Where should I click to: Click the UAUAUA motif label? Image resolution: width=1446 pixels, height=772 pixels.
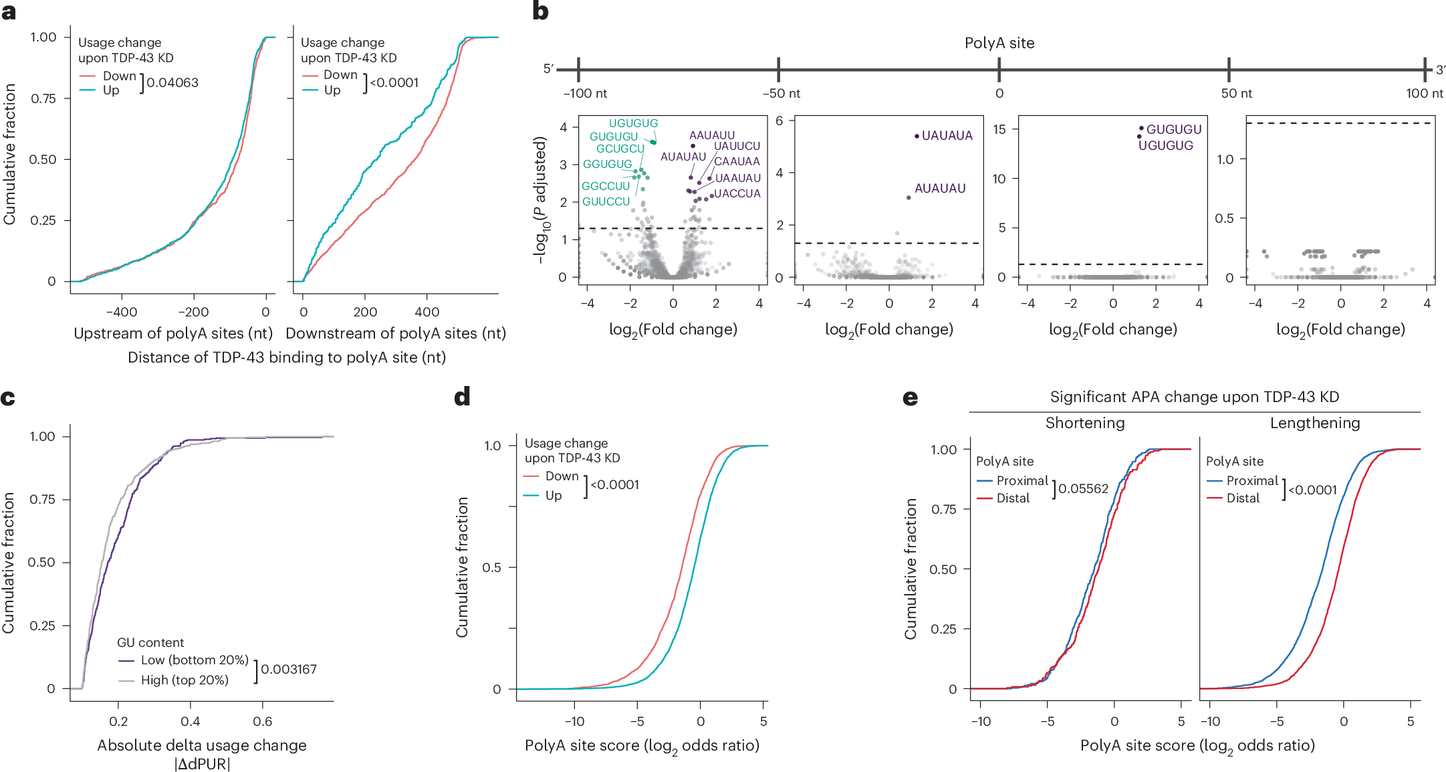coord(947,136)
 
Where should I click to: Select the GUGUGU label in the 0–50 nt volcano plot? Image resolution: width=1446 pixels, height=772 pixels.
coord(1174,129)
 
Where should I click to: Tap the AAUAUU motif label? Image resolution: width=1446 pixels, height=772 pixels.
coord(712,135)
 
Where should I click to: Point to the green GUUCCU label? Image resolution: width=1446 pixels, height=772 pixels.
coord(606,201)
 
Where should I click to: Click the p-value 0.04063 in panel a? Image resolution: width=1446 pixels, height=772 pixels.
coord(172,83)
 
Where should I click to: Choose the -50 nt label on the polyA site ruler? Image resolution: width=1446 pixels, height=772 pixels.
coord(781,94)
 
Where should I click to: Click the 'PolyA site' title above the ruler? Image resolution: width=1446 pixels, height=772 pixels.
coord(999,43)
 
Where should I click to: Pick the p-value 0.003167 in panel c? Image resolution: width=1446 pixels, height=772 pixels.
coord(288,669)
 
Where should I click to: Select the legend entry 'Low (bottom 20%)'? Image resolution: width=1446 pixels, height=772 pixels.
coord(194,660)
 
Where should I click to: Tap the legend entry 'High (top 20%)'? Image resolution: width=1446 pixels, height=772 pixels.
coord(185,680)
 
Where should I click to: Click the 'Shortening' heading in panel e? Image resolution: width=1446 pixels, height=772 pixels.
coord(1084,423)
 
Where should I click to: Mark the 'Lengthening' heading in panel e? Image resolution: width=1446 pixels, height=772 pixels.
coord(1314,423)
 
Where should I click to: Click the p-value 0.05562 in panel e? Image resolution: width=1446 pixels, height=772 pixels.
coord(1083,489)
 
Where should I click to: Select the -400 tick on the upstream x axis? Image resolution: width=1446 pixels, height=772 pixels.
coord(122,312)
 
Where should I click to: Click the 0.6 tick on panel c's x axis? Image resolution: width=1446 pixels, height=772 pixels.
coord(262,721)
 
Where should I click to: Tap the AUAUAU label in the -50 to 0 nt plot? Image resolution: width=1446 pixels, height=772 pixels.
coord(939,189)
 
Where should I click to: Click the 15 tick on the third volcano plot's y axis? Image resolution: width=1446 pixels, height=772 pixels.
coord(999,129)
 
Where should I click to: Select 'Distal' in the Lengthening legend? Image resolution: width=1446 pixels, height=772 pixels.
coord(1242,498)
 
